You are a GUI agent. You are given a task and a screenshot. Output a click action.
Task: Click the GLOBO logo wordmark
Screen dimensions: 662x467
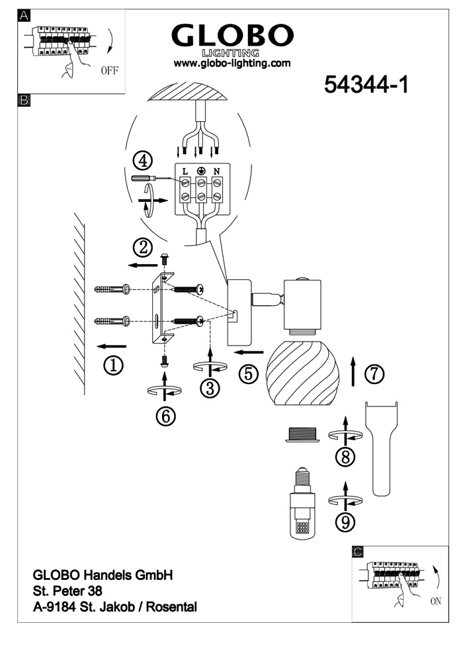tap(232, 36)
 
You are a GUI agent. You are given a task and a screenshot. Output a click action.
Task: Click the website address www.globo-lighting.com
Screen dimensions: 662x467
tap(232, 64)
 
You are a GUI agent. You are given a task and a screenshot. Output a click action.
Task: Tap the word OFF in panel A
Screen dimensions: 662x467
tap(110, 71)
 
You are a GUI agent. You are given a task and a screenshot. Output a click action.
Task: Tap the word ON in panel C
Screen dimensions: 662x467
tap(435, 602)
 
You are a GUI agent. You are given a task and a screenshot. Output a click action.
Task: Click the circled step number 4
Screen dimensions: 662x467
tap(142, 160)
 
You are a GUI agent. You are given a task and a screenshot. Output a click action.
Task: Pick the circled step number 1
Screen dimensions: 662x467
tap(114, 365)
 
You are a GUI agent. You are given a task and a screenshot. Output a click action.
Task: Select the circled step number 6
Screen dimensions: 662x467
tap(165, 415)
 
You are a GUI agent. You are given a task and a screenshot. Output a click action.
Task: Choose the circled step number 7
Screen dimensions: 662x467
tap(374, 374)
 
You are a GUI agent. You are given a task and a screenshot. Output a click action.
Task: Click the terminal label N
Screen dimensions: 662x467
tap(216, 170)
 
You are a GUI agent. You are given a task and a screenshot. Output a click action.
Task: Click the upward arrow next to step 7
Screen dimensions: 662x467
tap(353, 371)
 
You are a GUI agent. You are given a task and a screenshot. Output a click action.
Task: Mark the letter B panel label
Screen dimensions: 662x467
tap(24, 101)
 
